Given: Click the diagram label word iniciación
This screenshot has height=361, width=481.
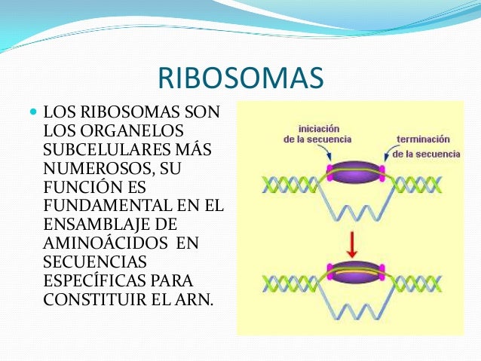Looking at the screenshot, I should click(319, 128).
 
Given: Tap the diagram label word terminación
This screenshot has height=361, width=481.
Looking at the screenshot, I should click(422, 139).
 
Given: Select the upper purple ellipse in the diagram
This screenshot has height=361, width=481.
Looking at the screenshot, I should click(357, 173).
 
